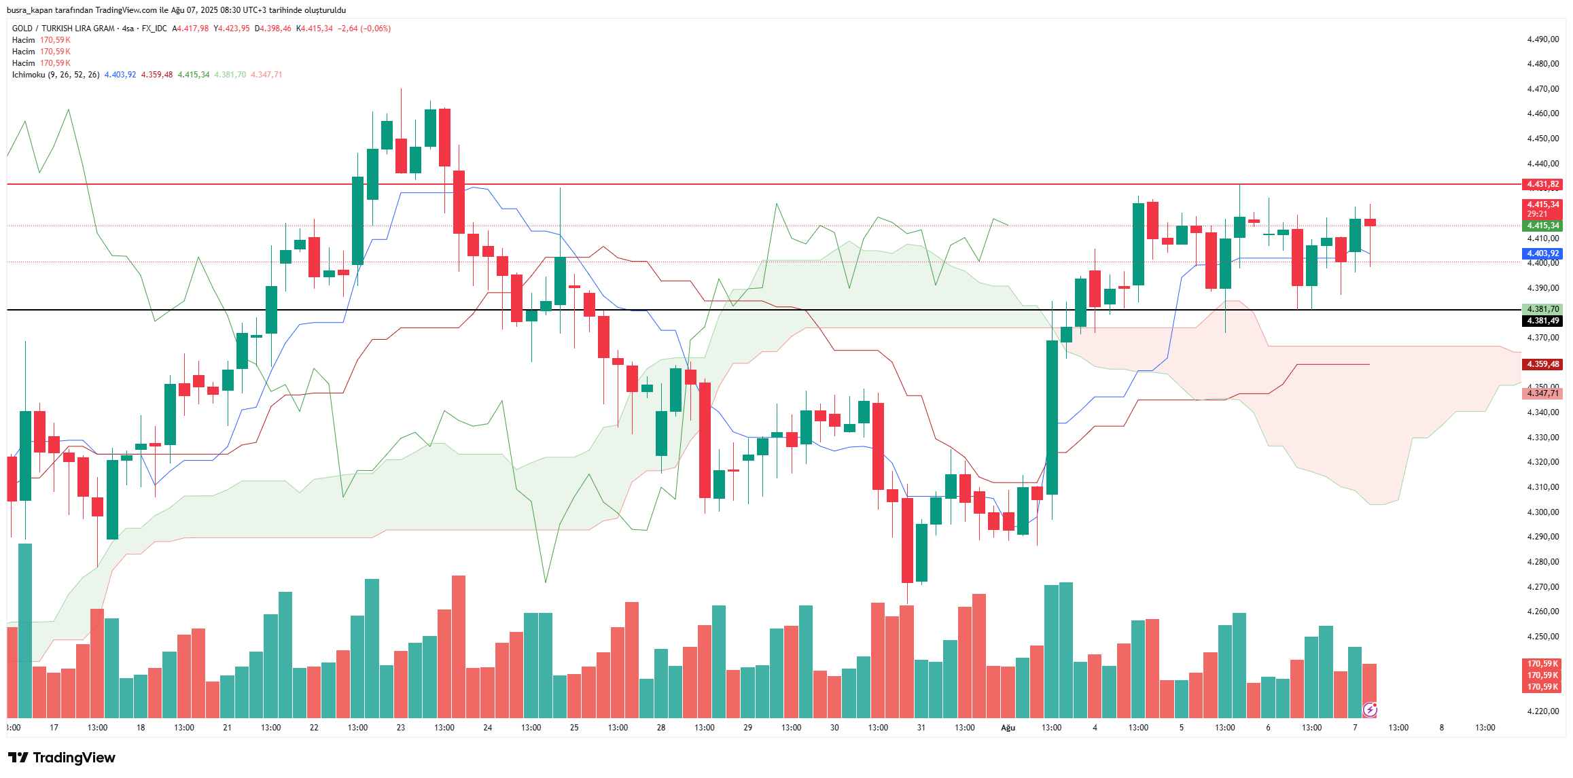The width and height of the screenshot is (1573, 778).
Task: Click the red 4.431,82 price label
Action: [1542, 184]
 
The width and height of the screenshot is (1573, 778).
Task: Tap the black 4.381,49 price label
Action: [1542, 321]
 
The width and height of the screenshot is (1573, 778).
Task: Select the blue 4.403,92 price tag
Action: [1542, 253]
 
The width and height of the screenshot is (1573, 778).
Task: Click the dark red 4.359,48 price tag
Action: [1542, 364]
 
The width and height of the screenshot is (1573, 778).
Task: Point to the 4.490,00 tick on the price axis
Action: [1542, 39]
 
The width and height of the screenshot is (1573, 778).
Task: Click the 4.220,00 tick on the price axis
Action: [1542, 711]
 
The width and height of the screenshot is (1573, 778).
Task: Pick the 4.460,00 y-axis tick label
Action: [1542, 113]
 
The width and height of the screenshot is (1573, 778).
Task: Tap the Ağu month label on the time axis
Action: [1008, 728]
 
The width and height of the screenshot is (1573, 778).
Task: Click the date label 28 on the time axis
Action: [661, 728]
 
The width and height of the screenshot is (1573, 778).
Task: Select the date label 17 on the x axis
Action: [54, 728]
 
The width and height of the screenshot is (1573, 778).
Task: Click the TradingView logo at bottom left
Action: [62, 758]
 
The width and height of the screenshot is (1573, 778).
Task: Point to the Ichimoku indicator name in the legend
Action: [29, 75]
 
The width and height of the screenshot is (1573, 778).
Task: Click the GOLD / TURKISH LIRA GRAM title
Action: [63, 29]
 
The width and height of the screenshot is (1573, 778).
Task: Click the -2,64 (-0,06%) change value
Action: [364, 29]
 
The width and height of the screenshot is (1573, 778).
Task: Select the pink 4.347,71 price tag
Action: [1542, 393]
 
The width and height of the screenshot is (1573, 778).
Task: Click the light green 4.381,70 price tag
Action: [1542, 309]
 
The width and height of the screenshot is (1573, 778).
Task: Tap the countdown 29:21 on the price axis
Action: [1537, 214]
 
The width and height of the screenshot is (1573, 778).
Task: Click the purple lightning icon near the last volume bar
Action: [1370, 710]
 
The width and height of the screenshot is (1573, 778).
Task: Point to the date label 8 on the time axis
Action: [1441, 728]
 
